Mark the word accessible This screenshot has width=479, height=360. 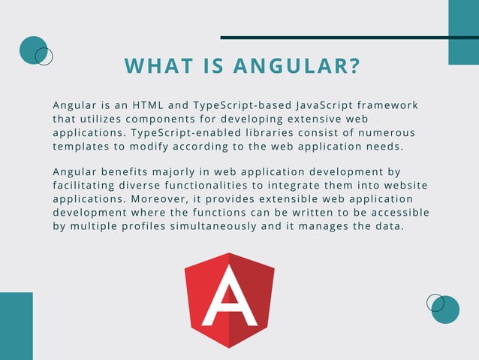400,213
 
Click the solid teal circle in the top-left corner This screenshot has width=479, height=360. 32,50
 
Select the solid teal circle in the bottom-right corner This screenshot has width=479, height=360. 447,310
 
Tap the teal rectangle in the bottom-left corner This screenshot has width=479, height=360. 16,326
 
